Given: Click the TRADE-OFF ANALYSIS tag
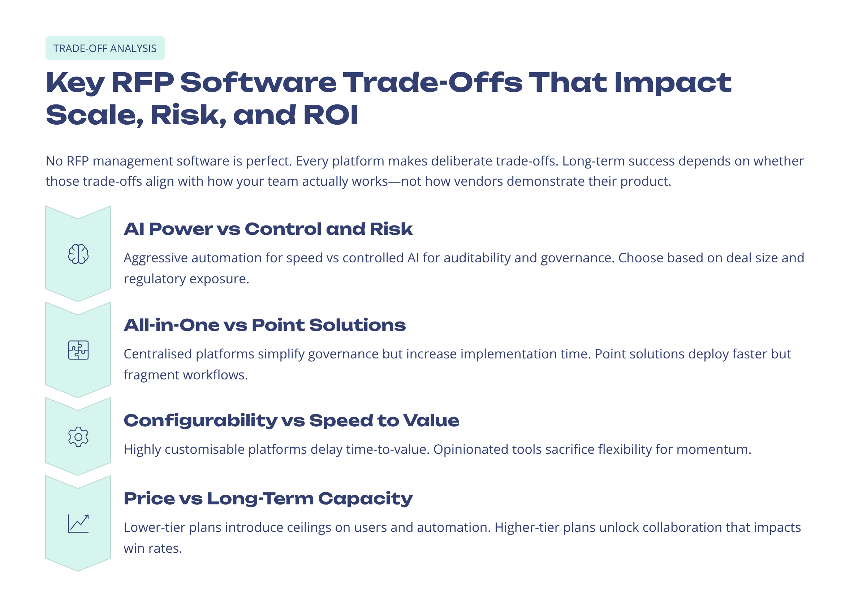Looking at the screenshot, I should tap(105, 48).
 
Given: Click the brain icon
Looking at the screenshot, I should tap(78, 254).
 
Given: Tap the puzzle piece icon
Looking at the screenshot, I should tap(78, 350).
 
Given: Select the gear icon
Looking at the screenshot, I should tap(78, 437).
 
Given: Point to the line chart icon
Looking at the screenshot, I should tap(78, 524).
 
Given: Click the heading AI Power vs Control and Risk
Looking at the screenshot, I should tap(268, 229).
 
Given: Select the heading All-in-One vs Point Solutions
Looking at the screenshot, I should tap(264, 325).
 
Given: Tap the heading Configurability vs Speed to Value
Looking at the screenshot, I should tap(291, 421).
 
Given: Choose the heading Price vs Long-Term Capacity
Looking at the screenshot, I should tap(268, 499).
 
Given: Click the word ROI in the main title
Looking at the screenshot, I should tap(331, 115).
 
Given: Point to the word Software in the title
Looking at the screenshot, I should tap(258, 82).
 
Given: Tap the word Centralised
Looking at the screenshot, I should tap(158, 354).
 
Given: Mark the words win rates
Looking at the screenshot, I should tap(152, 548).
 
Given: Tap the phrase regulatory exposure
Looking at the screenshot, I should tap(186, 279).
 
